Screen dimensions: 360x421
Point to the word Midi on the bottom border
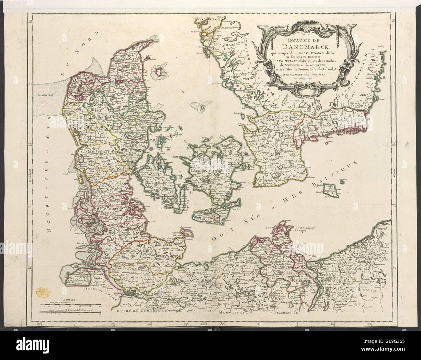[204, 323]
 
